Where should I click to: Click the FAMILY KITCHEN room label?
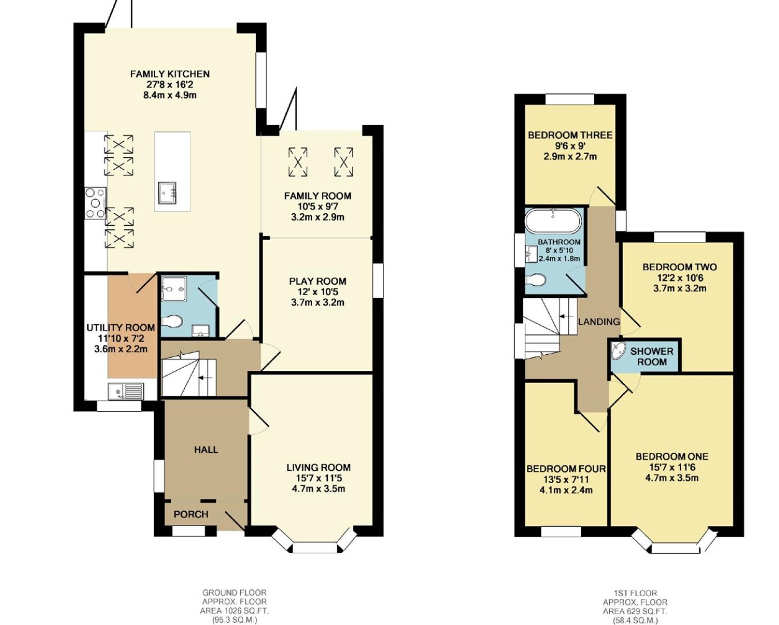(170, 74)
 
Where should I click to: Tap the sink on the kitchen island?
(167, 193)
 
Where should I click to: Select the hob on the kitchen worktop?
(95, 204)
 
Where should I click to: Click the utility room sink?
(126, 391)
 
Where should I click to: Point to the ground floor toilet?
(172, 321)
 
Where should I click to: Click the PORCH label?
(191, 514)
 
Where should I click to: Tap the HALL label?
(206, 450)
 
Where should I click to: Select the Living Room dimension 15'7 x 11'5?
(318, 478)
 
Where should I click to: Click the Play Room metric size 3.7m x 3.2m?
(318, 302)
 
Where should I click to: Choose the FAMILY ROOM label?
(318, 196)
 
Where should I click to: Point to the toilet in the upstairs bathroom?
(535, 280)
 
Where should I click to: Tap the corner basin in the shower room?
(618, 350)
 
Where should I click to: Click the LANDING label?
(599, 321)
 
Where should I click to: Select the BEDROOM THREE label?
(570, 135)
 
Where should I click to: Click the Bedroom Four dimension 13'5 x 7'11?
(566, 480)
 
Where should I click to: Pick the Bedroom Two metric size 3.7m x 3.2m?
(679, 288)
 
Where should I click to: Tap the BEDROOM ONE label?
(672, 457)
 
